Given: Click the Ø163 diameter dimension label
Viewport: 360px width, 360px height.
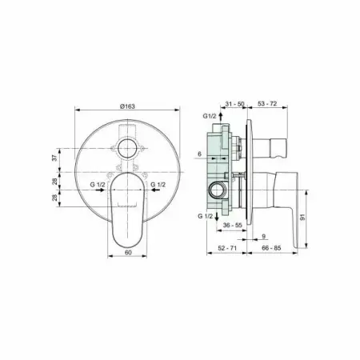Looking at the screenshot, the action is click(x=127, y=106).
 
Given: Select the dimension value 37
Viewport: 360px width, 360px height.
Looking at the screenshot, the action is click(x=54, y=158).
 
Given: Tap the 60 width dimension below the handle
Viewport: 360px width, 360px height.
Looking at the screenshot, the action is click(x=128, y=252).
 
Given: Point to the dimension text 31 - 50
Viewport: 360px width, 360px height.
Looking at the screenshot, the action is click(x=234, y=104).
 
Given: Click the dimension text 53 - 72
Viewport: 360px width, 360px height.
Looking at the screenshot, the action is click(x=267, y=104).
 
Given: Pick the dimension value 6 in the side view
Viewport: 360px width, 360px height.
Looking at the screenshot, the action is click(x=199, y=154).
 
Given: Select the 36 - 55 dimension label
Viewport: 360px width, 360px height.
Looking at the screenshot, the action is click(x=233, y=226).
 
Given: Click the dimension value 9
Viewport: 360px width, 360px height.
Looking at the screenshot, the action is click(x=264, y=236).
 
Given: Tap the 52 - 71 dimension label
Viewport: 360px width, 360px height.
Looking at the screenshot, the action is click(x=227, y=248).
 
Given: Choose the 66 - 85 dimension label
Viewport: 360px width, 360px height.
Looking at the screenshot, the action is click(x=271, y=248).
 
